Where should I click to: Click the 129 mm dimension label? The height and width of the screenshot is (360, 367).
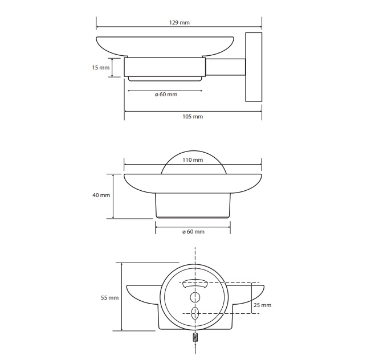[x=180, y=22]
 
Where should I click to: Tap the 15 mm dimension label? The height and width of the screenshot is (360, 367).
[x=101, y=68]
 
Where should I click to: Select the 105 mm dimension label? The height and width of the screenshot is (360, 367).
[x=193, y=117]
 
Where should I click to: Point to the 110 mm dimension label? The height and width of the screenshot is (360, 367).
[x=193, y=159]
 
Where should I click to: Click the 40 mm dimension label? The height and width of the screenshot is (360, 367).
[x=101, y=195]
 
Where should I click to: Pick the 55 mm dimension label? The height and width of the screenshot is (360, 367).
[x=110, y=298]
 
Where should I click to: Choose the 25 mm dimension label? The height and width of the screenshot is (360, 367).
[x=262, y=305]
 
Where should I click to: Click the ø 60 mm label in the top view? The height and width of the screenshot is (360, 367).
[x=166, y=95]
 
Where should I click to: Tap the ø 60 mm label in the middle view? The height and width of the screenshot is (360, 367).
[x=193, y=232]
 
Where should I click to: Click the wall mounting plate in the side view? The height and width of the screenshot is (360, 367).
[x=254, y=67]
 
